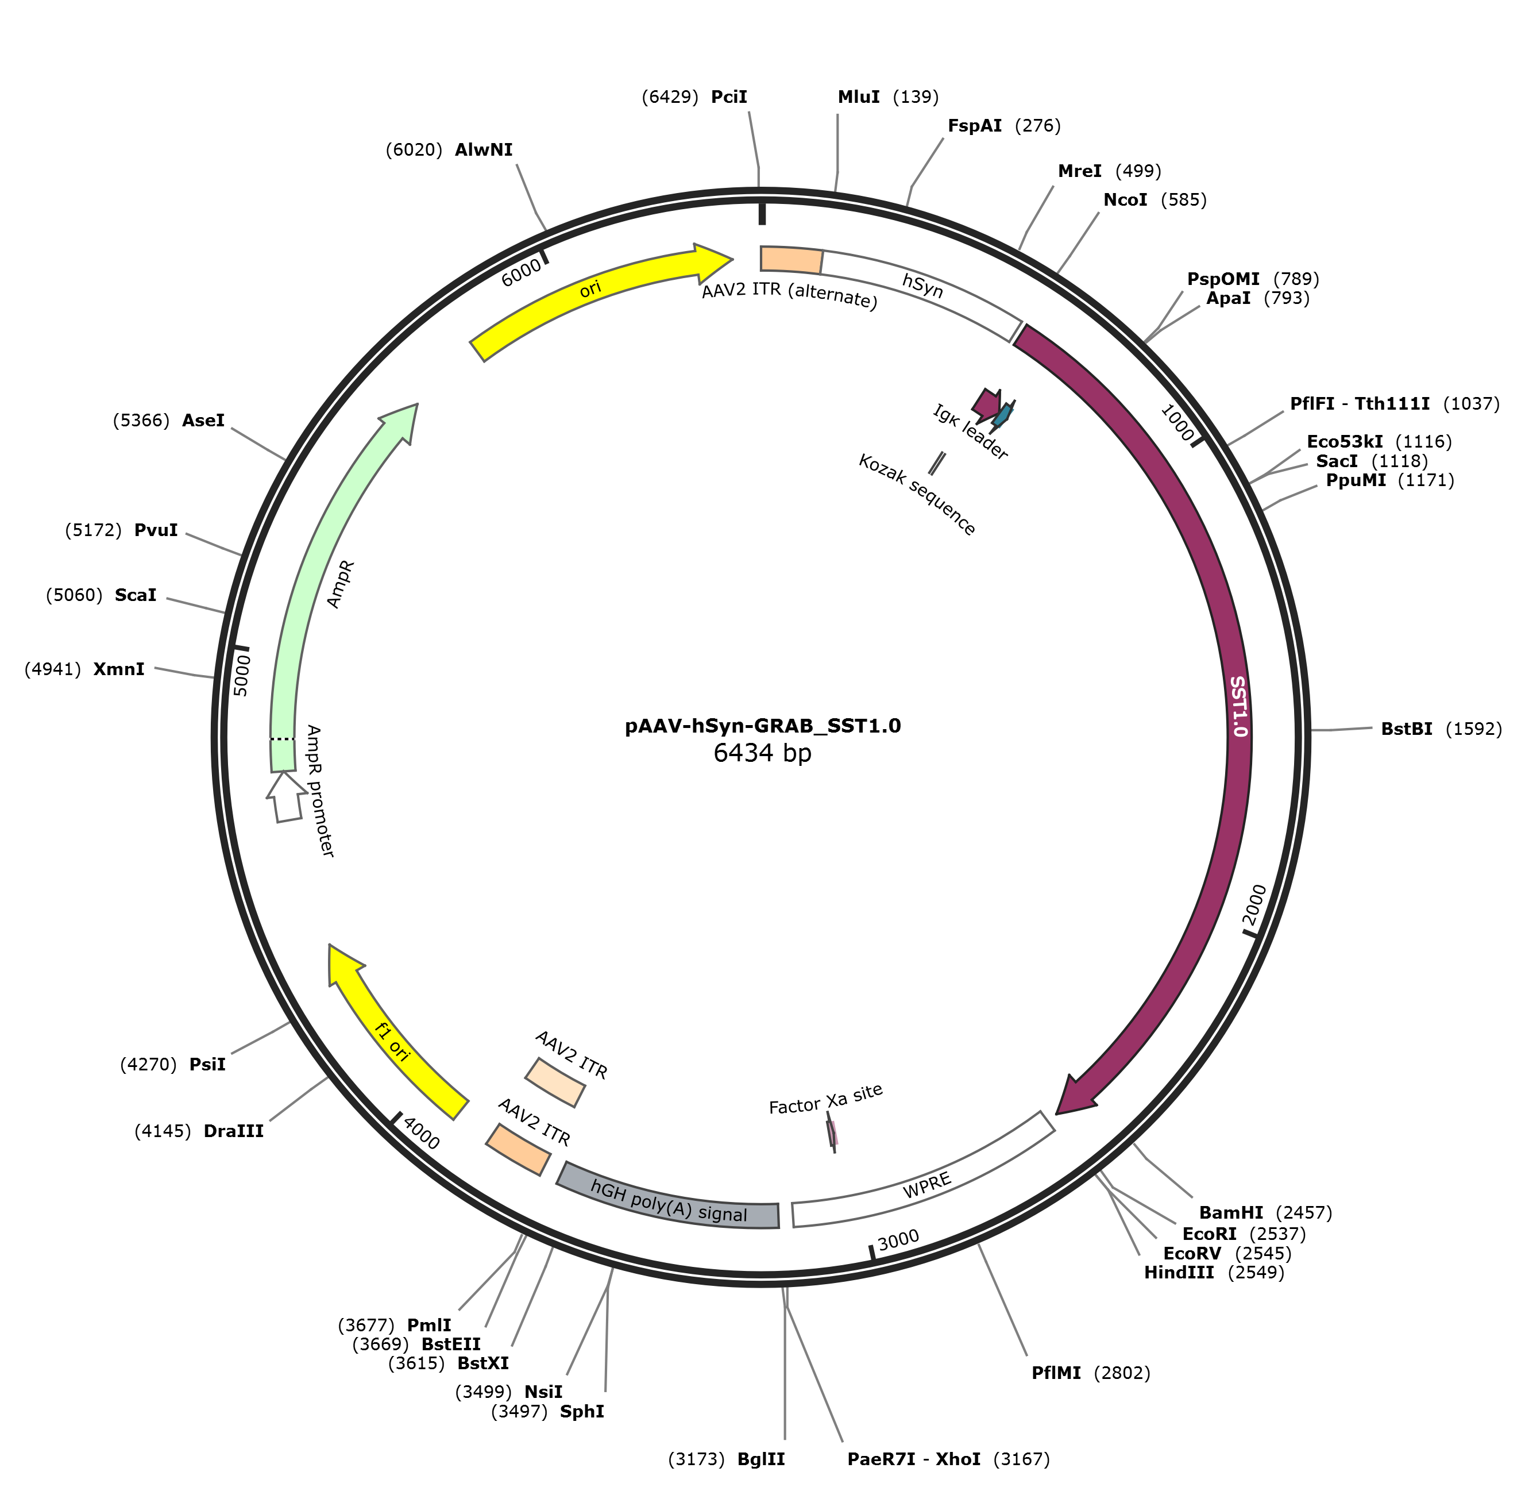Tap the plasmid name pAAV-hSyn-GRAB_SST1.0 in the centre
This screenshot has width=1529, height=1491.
[763, 726]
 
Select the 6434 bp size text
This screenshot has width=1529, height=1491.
[763, 753]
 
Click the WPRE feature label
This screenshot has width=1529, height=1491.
[927, 1185]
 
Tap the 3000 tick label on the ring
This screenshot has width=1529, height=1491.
[898, 1240]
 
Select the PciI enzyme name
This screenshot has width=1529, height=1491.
[729, 97]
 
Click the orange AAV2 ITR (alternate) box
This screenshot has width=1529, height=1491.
[791, 260]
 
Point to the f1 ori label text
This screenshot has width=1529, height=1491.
[393, 1042]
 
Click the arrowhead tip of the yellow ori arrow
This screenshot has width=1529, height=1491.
[733, 259]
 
